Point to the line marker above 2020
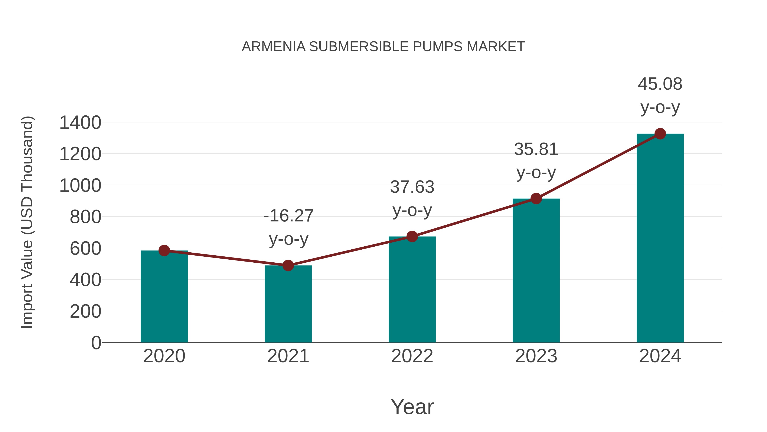[164, 250]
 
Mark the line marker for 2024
[660, 134]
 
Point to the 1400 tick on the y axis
[80, 122]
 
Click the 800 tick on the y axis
[85, 217]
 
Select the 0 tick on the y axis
[96, 343]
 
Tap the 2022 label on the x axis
[412, 356]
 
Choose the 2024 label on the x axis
[660, 356]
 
